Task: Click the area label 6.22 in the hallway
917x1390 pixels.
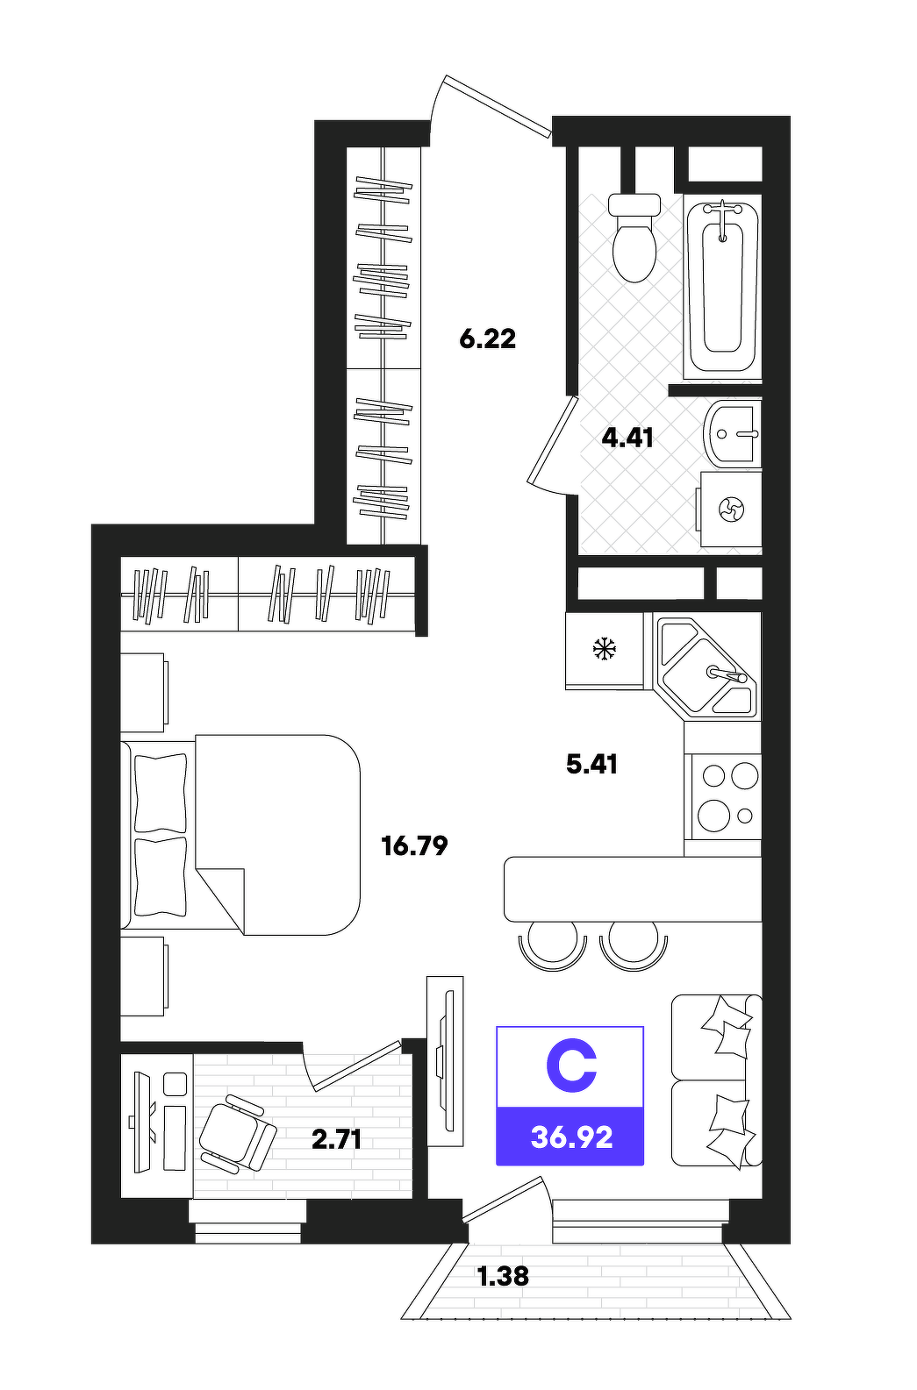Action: click(487, 339)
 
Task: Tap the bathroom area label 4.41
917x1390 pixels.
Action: click(627, 438)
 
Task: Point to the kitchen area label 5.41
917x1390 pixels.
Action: click(591, 765)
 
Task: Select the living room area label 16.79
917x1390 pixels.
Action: click(414, 845)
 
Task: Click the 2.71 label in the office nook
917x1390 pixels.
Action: click(336, 1139)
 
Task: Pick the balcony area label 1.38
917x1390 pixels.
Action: click(502, 1277)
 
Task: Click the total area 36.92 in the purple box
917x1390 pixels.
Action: click(572, 1137)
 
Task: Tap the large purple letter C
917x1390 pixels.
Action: click(571, 1066)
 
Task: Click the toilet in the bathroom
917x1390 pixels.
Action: click(634, 238)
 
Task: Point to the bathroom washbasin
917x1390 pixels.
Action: click(732, 432)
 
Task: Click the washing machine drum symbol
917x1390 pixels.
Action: click(731, 510)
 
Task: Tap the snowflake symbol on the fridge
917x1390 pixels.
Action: click(604, 649)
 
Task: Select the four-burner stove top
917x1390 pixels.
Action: click(723, 796)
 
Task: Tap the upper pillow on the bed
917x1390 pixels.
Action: click(161, 793)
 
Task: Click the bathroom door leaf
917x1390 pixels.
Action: click(552, 440)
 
